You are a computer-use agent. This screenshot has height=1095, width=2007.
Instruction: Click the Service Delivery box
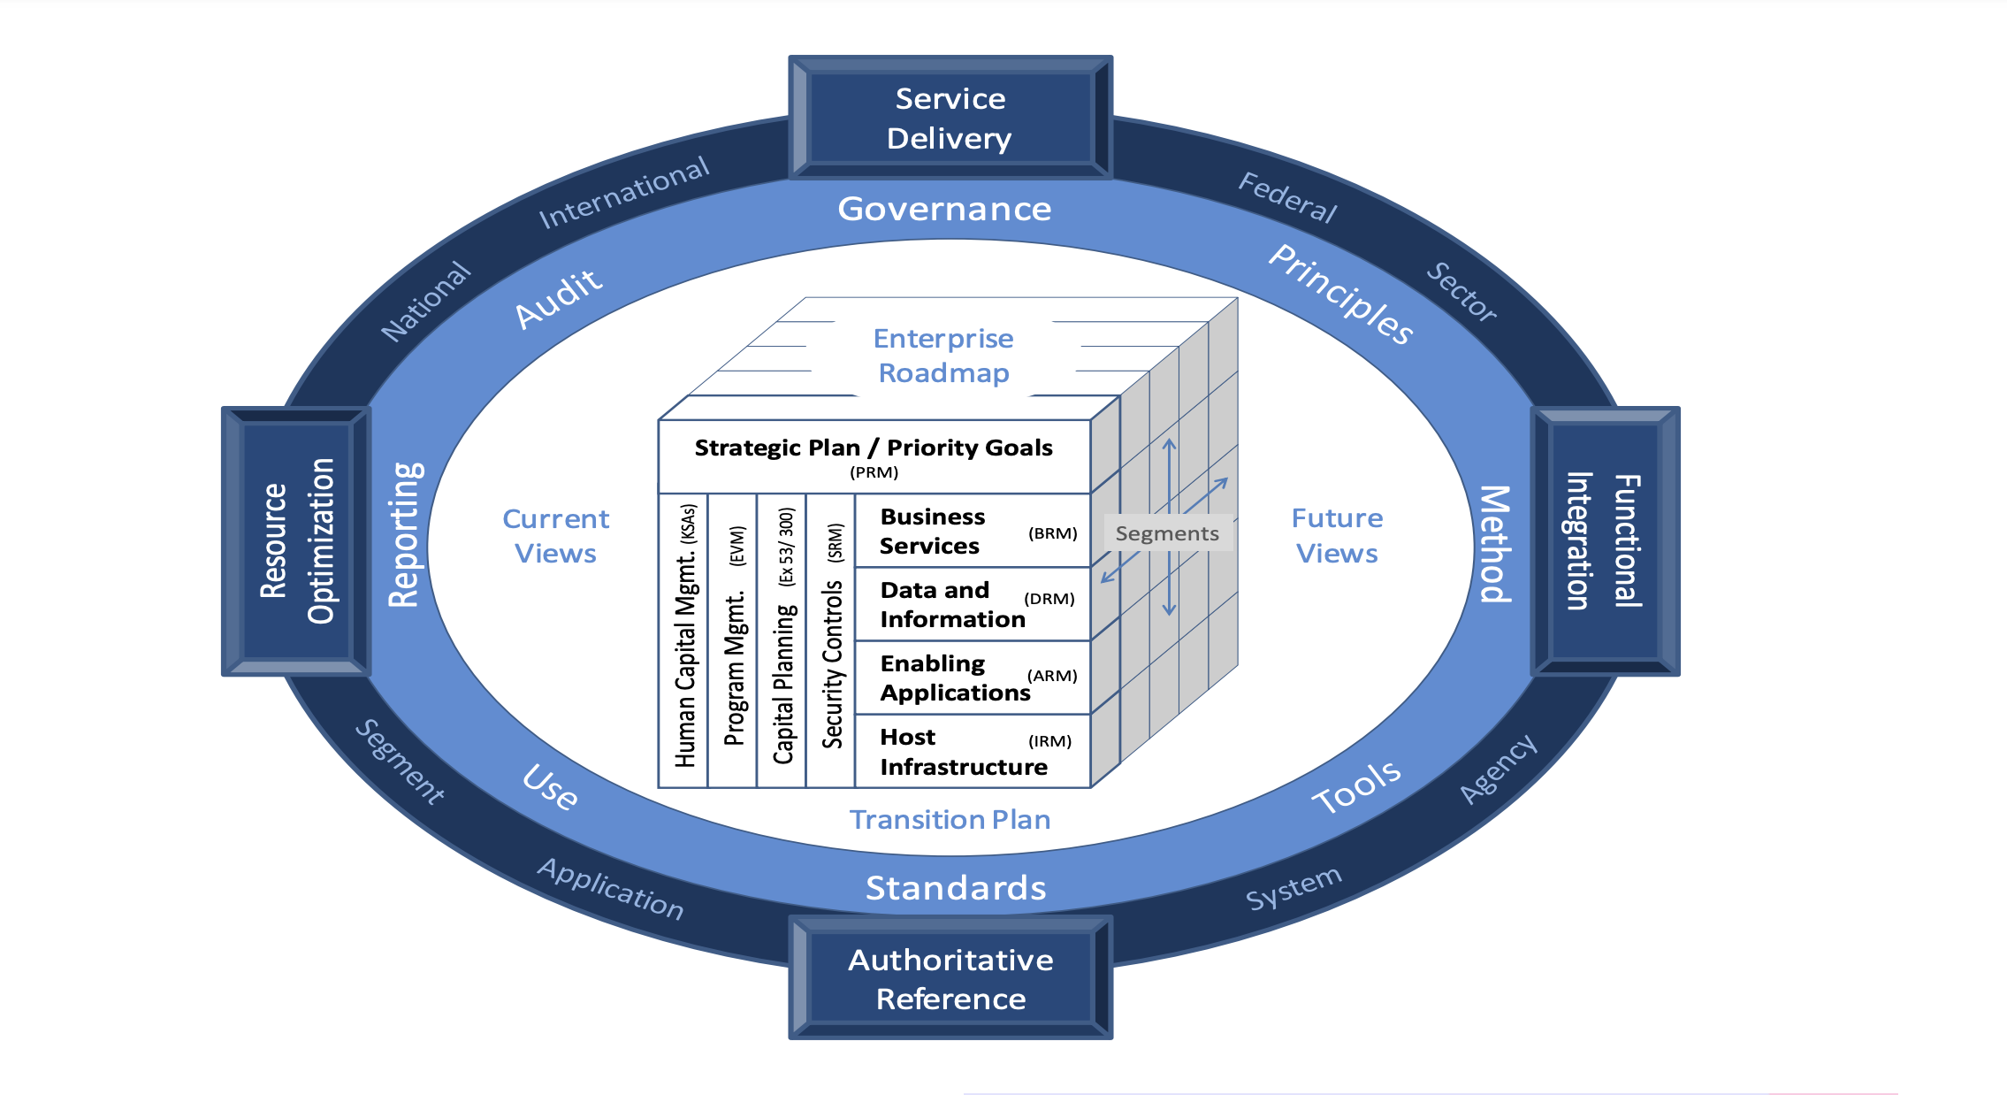(x=950, y=118)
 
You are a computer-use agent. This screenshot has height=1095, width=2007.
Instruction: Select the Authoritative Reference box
(x=950, y=978)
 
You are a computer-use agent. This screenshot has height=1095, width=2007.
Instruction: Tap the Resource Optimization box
(x=296, y=541)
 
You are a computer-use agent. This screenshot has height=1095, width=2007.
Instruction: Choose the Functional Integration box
(x=1604, y=541)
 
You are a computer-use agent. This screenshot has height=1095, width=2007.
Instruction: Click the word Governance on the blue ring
(x=944, y=209)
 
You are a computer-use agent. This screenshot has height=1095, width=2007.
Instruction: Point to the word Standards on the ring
(x=955, y=888)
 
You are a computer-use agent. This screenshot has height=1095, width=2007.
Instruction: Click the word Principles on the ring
(x=1341, y=295)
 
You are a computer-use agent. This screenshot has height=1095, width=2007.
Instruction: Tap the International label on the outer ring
(x=623, y=192)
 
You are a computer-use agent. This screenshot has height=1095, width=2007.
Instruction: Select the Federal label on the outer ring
(x=1287, y=197)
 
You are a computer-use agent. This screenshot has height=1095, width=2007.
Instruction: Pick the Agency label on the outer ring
(x=1498, y=769)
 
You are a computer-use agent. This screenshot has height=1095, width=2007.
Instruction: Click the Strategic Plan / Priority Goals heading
(x=874, y=448)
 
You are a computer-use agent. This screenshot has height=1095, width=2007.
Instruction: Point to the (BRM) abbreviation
(x=1052, y=533)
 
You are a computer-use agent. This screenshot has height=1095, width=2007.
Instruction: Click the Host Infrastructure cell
(x=964, y=752)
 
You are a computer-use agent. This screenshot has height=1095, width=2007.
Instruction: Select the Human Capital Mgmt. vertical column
(x=685, y=637)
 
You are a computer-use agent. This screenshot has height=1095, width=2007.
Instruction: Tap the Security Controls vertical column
(x=832, y=637)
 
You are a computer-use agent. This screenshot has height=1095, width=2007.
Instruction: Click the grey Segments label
(x=1167, y=533)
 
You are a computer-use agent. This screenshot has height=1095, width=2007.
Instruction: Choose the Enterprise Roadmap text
(x=943, y=356)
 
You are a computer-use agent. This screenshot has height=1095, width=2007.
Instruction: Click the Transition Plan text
(x=950, y=820)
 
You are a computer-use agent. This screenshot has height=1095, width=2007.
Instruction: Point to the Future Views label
(x=1337, y=535)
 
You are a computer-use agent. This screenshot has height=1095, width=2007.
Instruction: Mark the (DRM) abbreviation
(x=1049, y=599)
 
